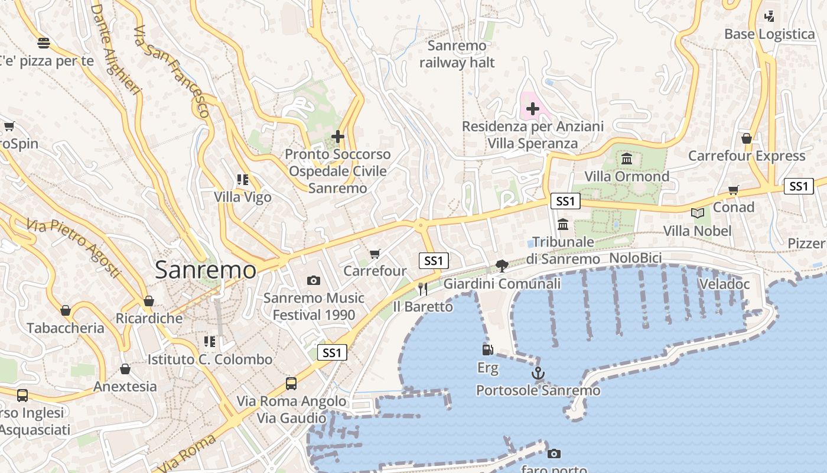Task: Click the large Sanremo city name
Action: click(206, 270)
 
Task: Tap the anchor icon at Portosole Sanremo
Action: click(538, 373)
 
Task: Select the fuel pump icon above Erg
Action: click(487, 350)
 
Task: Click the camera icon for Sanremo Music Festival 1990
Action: click(314, 280)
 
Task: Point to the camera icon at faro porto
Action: click(553, 453)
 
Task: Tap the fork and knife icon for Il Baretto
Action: click(422, 289)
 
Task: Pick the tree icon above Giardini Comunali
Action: click(502, 265)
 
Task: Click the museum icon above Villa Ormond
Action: click(627, 158)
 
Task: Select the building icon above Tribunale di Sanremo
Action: click(562, 224)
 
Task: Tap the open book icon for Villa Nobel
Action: click(698, 213)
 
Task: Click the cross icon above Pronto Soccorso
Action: click(338, 137)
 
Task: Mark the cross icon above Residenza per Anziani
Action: click(533, 109)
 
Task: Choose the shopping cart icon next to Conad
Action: click(734, 190)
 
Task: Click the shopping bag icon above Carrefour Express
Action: click(747, 138)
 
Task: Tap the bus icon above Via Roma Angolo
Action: click(291, 383)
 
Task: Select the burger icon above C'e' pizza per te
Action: click(43, 43)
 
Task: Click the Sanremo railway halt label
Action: click(457, 54)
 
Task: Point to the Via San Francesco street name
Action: click(171, 71)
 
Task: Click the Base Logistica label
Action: click(770, 34)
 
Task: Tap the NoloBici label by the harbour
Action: click(635, 258)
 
